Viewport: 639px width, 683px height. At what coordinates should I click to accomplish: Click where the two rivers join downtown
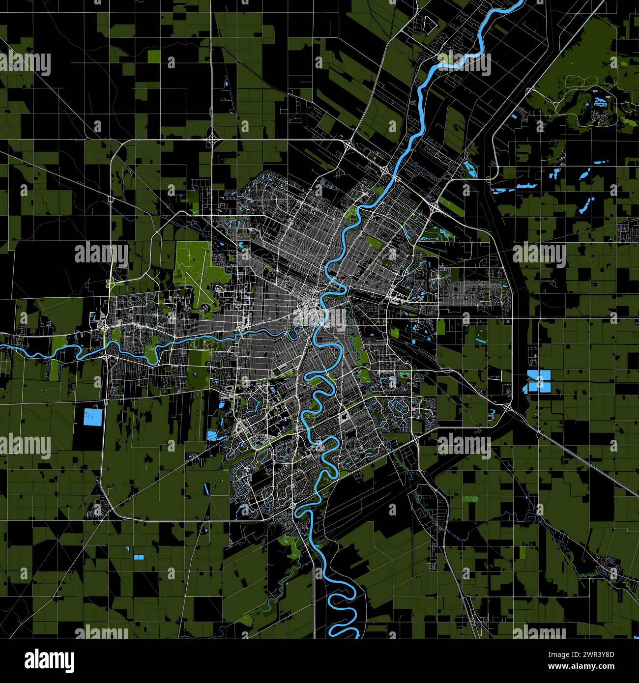coord(323,322)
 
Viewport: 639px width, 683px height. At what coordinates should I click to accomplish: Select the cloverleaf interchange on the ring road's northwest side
coord(212,140)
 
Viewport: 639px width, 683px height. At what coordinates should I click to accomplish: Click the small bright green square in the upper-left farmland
coord(154,56)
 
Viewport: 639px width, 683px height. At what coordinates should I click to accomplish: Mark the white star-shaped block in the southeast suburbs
coord(344,417)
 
